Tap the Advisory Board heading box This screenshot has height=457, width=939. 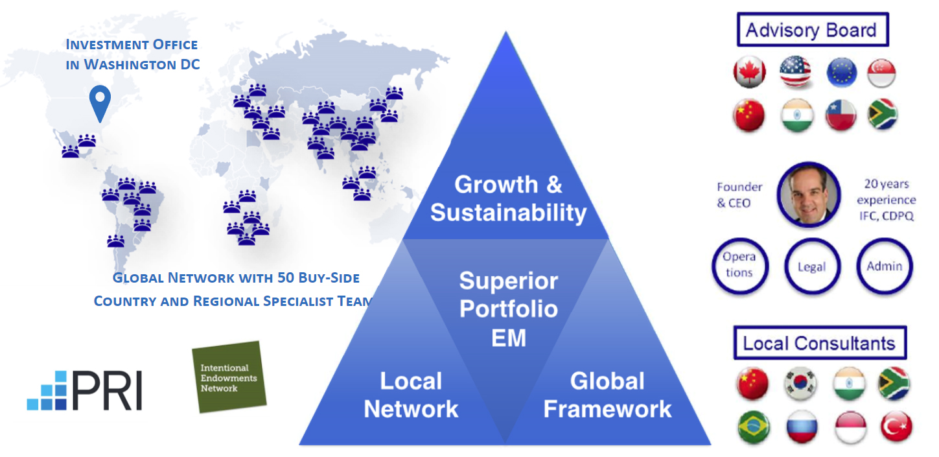tap(811, 30)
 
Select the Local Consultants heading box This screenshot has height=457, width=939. tap(819, 343)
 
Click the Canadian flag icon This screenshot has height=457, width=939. tap(749, 73)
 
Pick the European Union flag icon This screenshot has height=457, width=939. tap(842, 73)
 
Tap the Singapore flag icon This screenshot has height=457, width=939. tap(882, 73)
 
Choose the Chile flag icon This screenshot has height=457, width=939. tap(840, 115)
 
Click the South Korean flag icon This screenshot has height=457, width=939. tap(798, 383)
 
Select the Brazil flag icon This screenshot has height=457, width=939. tap(753, 427)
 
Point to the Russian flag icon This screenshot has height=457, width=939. tap(801, 427)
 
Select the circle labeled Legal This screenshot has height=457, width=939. tap(811, 266)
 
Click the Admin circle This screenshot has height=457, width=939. tap(884, 266)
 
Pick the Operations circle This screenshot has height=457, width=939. tap(739, 266)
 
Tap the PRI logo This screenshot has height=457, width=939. tap(85, 391)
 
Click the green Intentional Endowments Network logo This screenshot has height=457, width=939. tap(228, 377)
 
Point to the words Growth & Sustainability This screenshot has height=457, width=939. tap(508, 198)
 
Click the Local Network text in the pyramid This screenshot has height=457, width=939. tap(411, 395)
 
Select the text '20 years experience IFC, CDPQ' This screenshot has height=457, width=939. tap(886, 200)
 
